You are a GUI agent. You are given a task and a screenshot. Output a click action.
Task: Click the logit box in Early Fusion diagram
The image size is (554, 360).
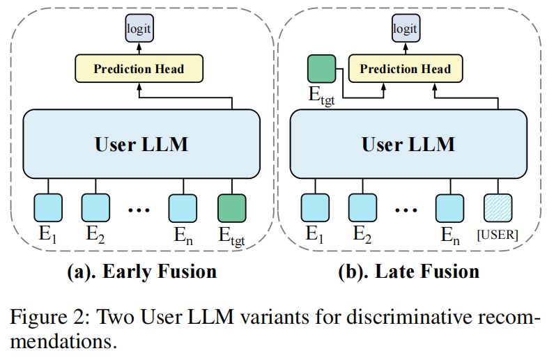[x=138, y=29]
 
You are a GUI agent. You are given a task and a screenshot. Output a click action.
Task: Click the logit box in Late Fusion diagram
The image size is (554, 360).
[x=405, y=29]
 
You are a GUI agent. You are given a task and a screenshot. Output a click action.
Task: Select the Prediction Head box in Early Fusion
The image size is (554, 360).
[x=139, y=69]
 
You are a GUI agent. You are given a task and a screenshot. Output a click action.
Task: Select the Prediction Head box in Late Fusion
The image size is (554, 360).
[x=405, y=69]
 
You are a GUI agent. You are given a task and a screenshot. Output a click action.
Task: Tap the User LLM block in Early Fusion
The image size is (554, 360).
[x=141, y=144]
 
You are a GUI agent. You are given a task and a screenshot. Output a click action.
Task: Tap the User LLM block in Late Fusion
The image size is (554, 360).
[x=408, y=144]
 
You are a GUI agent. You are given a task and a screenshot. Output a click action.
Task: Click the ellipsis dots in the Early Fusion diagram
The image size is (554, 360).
[x=138, y=209]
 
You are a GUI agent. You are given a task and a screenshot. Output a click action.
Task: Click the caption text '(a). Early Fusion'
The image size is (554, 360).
[x=141, y=270]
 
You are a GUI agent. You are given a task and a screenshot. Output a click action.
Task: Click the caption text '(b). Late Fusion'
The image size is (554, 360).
[x=408, y=270]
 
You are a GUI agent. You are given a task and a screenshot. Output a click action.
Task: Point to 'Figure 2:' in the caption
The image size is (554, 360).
[x=42, y=318]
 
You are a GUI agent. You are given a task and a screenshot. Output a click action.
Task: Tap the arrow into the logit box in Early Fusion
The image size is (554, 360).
[x=138, y=47]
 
